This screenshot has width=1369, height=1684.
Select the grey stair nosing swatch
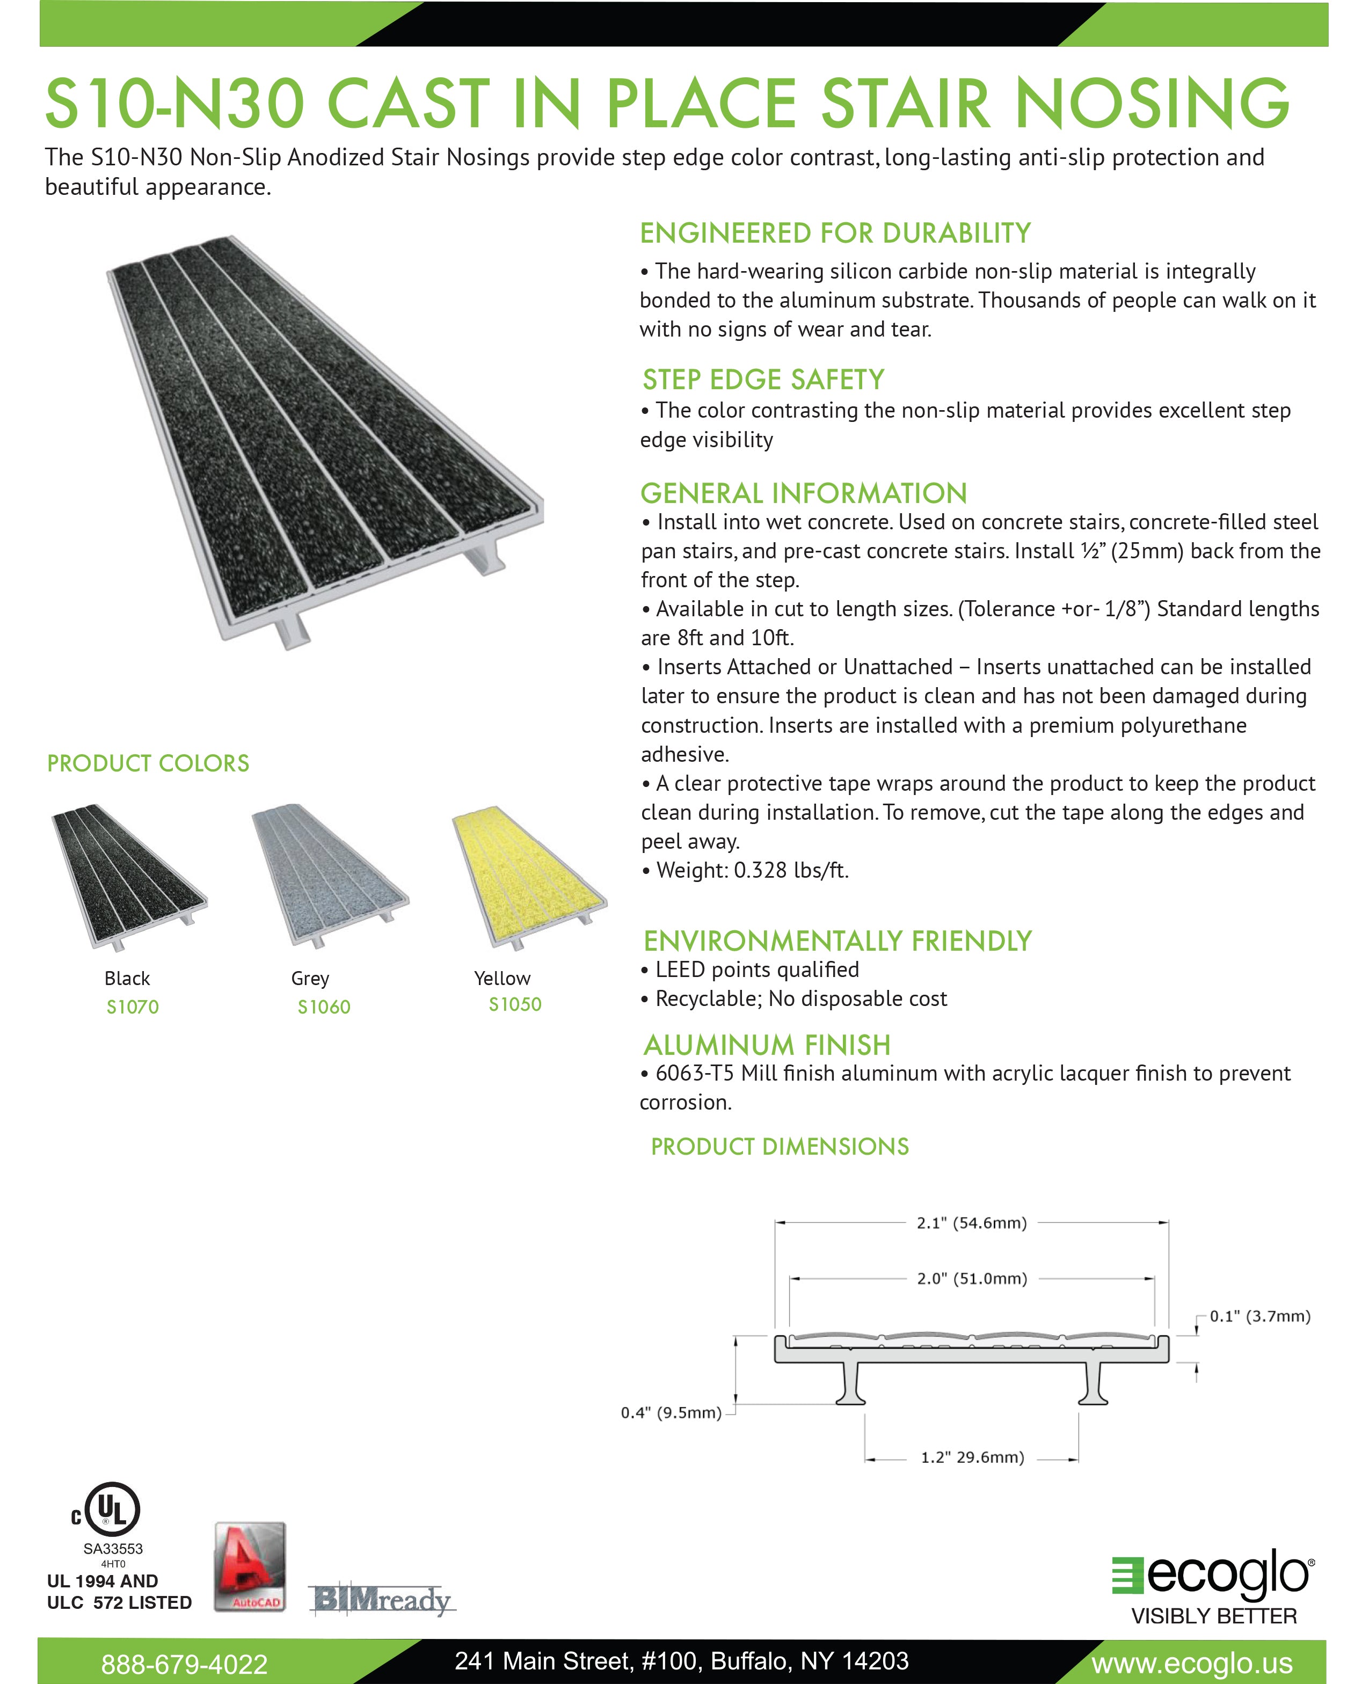pos(330,875)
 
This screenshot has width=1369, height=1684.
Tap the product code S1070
pos(133,1007)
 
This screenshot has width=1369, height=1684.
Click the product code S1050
pos(515,1004)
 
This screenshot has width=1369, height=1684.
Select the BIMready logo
pos(382,1600)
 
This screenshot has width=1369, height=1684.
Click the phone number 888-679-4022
pos(185,1664)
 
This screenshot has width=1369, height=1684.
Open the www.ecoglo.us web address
pos(1191,1663)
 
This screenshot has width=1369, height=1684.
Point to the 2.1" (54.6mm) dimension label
pos(972,1223)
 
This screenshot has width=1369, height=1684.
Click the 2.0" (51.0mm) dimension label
pos(972,1278)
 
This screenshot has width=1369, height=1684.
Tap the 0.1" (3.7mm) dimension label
pos(1260,1316)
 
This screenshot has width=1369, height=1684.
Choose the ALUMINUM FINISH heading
pos(767,1045)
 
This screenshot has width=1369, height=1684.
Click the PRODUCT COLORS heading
pos(148,763)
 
